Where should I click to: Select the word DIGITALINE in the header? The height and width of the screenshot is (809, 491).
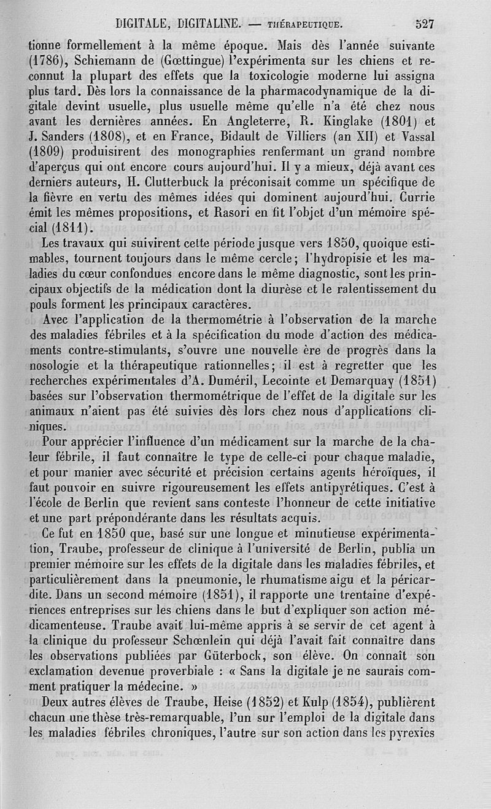209,25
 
